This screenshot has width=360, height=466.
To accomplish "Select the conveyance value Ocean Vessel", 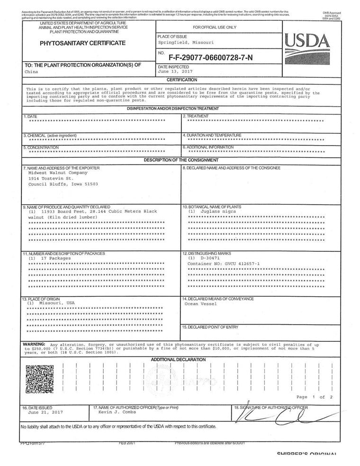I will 201,304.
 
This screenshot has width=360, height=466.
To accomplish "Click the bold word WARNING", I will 34,344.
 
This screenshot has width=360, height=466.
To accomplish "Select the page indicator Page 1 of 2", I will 314,397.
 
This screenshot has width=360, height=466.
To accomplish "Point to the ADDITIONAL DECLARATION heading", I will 178,359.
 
